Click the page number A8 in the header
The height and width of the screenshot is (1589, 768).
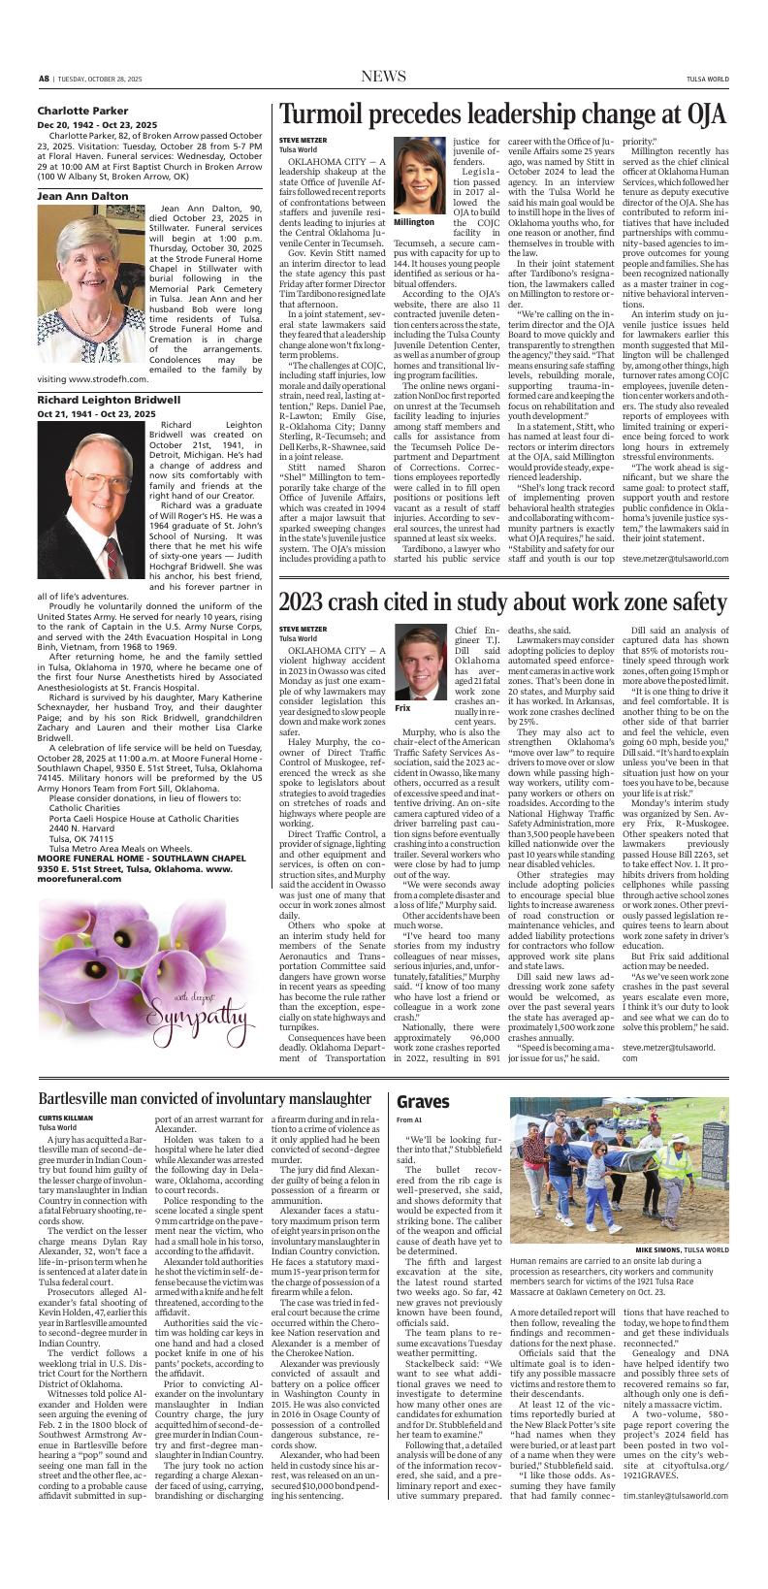click(44, 78)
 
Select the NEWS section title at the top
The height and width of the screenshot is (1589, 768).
click(383, 77)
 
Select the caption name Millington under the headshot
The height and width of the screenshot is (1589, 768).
click(414, 222)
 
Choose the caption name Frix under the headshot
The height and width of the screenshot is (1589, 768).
click(402, 709)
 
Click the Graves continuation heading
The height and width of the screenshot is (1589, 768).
click(423, 1102)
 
